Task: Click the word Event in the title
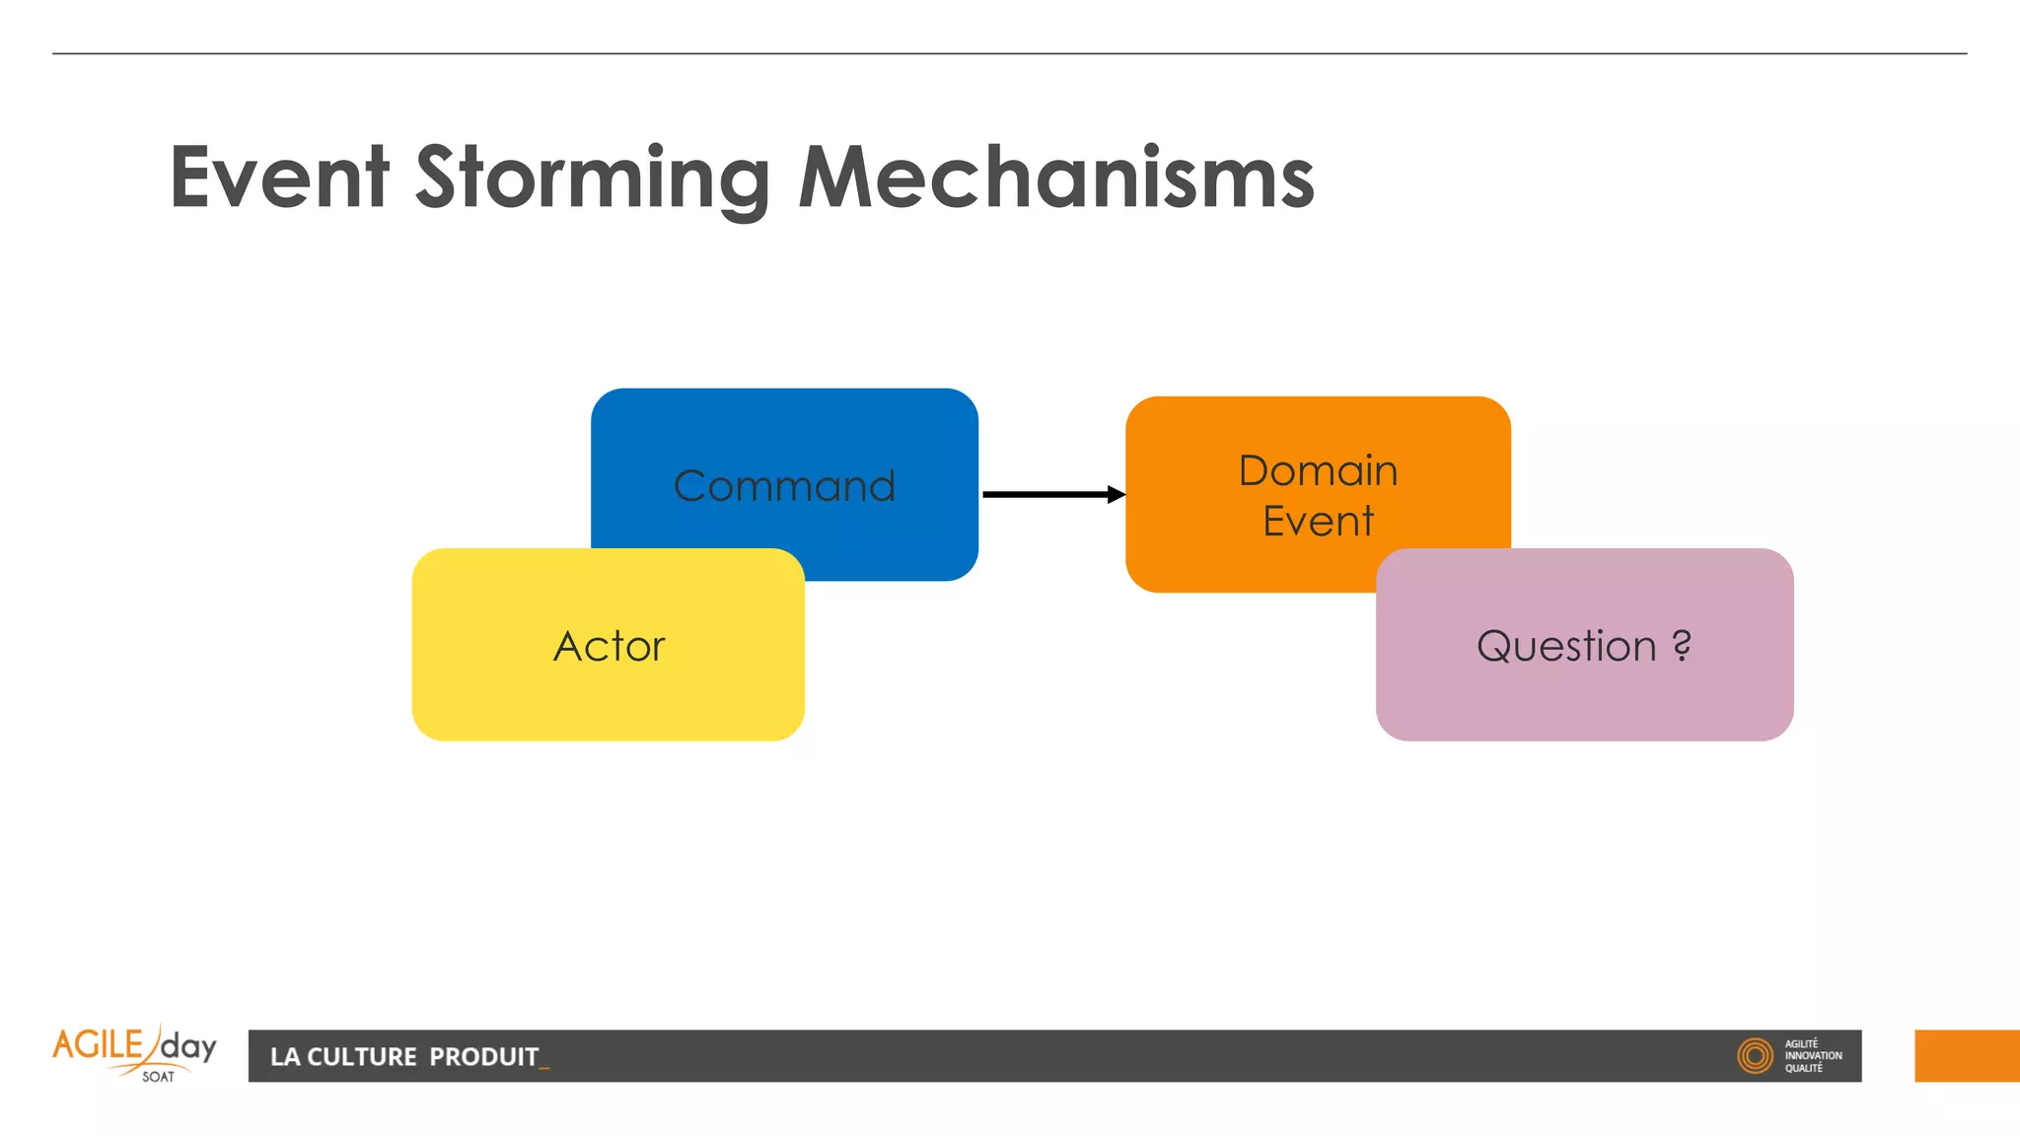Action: coord(279,177)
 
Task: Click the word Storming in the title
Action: coord(592,177)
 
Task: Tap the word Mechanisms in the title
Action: coord(1055,177)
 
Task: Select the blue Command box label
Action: coord(784,486)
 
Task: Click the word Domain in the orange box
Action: coord(1318,470)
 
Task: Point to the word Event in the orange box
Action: coord(1318,521)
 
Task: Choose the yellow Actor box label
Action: coord(609,646)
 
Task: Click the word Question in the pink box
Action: coord(1565,646)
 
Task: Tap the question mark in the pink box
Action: coord(1682,645)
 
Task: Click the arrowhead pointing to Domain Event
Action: coord(1116,494)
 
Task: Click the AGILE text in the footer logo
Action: coord(98,1044)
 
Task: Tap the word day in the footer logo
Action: coord(188,1046)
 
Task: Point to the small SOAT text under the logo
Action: coord(158,1077)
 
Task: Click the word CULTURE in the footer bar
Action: coord(362,1057)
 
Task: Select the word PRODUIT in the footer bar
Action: coord(483,1057)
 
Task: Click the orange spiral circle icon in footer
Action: coord(1755,1056)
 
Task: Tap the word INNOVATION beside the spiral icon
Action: coord(1813,1056)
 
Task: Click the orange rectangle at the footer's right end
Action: coord(1967,1056)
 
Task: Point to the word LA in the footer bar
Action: coord(284,1057)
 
